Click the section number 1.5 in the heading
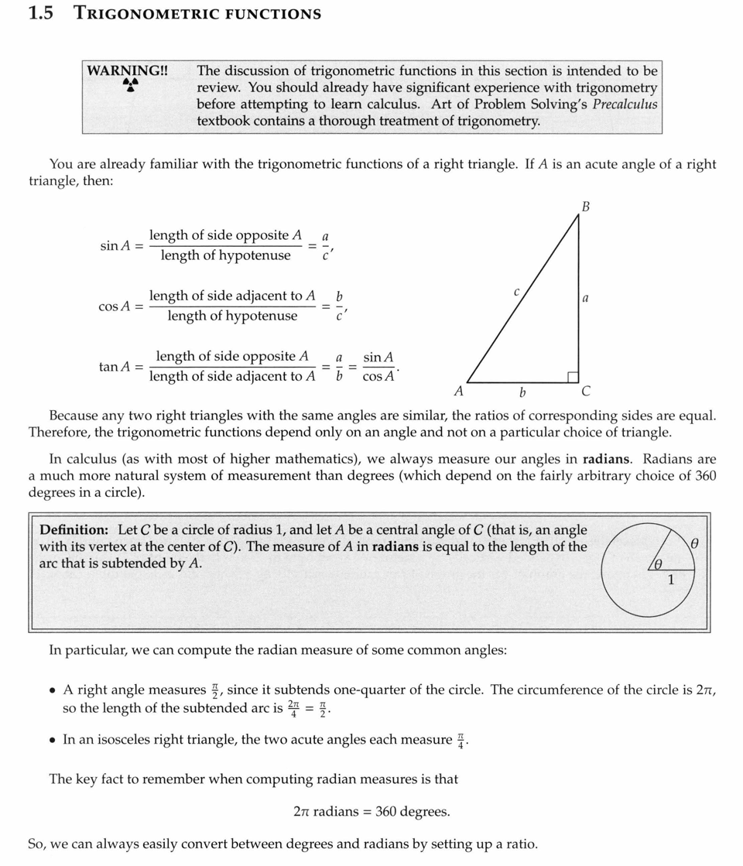40,13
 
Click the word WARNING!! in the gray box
127,70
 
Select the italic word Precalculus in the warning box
625,104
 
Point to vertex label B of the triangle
586,207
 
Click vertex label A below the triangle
459,392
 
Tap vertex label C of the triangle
586,391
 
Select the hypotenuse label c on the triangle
516,293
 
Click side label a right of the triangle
586,298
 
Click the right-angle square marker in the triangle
574,377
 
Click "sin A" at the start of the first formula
115,245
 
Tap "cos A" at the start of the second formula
115,306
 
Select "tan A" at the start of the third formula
115,367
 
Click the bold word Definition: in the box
74,530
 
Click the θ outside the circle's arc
695,545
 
